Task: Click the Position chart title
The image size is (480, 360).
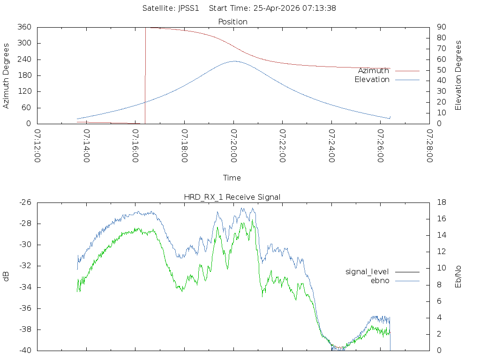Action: (x=232, y=22)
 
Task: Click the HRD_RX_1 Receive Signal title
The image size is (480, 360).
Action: (x=232, y=197)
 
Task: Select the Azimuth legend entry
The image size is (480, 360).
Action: (x=374, y=70)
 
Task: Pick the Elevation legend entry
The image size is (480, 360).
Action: (x=372, y=80)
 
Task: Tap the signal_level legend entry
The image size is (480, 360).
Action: (x=367, y=271)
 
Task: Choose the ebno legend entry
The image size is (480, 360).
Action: (x=380, y=280)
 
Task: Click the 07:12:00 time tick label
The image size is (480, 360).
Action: (x=37, y=146)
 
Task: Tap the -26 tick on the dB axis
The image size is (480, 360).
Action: (x=25, y=202)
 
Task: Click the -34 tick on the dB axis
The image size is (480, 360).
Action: (x=25, y=287)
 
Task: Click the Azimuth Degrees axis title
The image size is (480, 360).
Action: (x=7, y=75)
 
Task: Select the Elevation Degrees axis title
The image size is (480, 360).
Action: (x=458, y=75)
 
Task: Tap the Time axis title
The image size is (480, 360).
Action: (x=232, y=178)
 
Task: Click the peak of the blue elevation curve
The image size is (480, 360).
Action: (x=234, y=61)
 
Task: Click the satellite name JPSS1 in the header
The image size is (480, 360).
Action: (x=188, y=8)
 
